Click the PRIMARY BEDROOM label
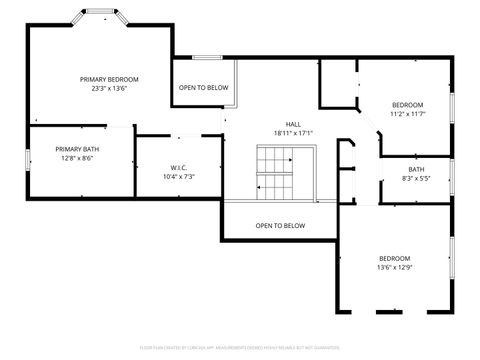coord(109,79)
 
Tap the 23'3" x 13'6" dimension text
coord(109,88)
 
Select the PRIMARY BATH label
coord(77,149)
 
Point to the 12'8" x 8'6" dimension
coord(77,158)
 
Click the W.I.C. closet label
coord(179,167)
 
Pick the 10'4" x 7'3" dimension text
coord(179,176)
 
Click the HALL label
coord(293,124)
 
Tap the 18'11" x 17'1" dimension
coord(293,133)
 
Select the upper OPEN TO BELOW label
coord(204,88)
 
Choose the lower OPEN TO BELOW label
coord(280,226)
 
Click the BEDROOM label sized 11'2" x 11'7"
coord(407,105)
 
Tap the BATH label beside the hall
coord(416,169)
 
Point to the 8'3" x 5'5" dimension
coord(416,178)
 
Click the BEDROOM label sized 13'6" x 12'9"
coord(394,258)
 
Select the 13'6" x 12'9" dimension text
coord(394,267)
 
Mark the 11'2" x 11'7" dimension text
coord(407,114)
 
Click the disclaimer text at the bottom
coord(240,347)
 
